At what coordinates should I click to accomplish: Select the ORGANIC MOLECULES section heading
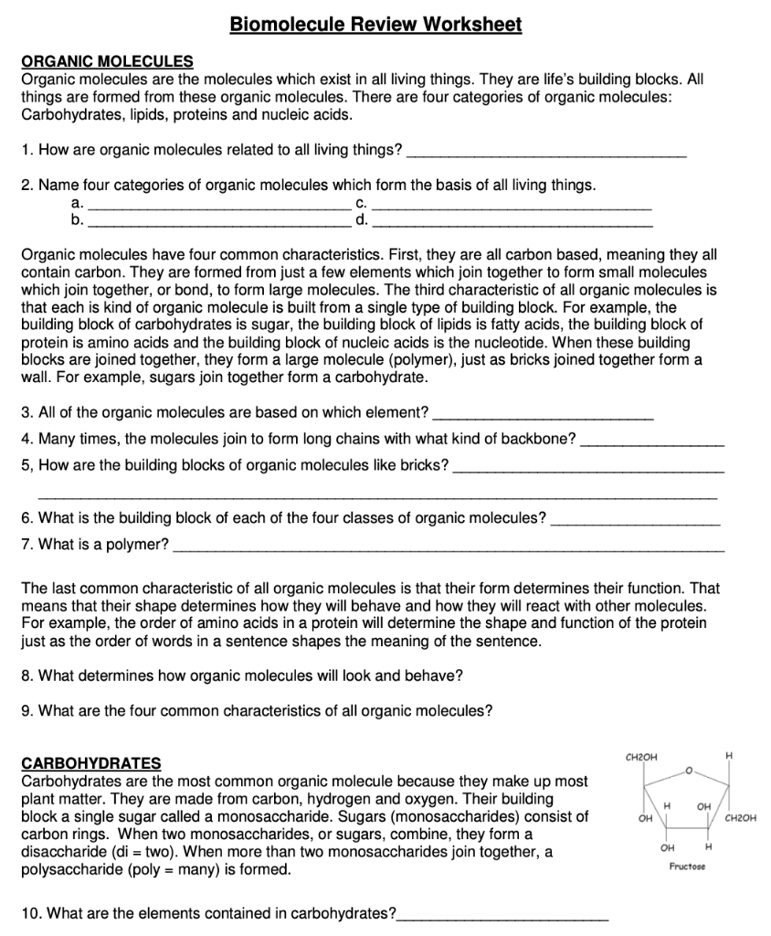tap(107, 61)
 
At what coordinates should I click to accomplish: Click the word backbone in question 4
tap(544, 439)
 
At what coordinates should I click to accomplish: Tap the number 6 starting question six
tap(26, 518)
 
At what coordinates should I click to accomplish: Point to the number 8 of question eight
tap(26, 675)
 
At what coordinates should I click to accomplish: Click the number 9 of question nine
tap(26, 710)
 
